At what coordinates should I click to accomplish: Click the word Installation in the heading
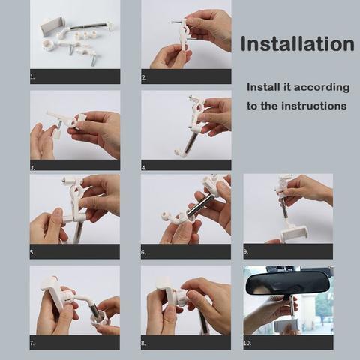(297, 44)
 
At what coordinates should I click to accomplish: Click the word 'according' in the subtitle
(322, 88)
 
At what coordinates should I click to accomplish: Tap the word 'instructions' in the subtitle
(314, 106)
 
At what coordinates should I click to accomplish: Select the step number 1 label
(32, 77)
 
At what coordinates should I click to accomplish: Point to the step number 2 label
(144, 78)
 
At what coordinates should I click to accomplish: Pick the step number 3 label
(32, 168)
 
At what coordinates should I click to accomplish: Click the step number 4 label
(144, 168)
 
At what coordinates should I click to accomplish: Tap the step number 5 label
(32, 252)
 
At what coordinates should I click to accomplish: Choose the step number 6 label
(143, 252)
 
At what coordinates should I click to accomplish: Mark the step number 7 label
(32, 343)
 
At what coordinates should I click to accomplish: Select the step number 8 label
(143, 343)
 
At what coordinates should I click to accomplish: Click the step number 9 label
(246, 252)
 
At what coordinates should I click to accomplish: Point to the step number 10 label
(247, 343)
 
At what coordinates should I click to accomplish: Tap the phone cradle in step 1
(52, 26)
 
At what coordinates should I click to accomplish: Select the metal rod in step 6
(200, 205)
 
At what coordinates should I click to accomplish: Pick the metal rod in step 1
(87, 26)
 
